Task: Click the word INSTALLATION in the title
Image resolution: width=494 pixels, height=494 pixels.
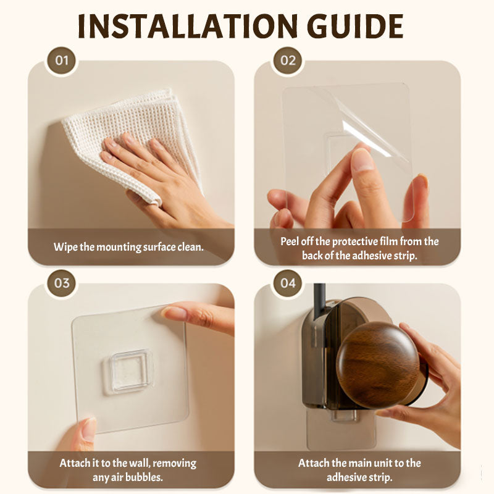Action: (x=188, y=26)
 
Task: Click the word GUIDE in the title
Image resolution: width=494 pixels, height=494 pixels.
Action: (x=355, y=26)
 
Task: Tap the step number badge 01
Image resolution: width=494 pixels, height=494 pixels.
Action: (x=61, y=61)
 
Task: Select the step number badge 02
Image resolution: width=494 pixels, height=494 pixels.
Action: (x=288, y=61)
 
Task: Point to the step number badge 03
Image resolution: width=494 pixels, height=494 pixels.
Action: (x=61, y=283)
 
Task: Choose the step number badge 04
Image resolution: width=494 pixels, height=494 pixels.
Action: (x=288, y=283)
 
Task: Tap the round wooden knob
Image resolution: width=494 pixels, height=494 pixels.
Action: (x=378, y=365)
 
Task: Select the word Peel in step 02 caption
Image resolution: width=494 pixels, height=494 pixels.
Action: (x=290, y=241)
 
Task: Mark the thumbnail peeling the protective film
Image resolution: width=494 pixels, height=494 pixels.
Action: (x=362, y=159)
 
